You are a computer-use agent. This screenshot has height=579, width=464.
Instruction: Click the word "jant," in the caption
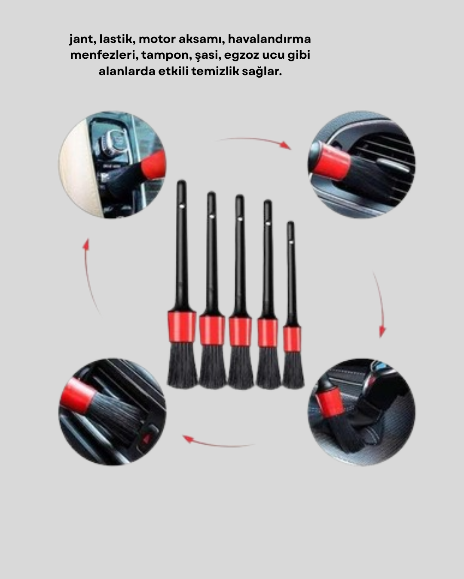tap(82, 39)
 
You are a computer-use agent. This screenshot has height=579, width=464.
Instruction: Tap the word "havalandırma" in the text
tap(269, 39)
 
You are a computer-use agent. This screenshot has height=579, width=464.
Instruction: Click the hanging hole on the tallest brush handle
tap(181, 205)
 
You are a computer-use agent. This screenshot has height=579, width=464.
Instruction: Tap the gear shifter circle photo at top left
tap(112, 165)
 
